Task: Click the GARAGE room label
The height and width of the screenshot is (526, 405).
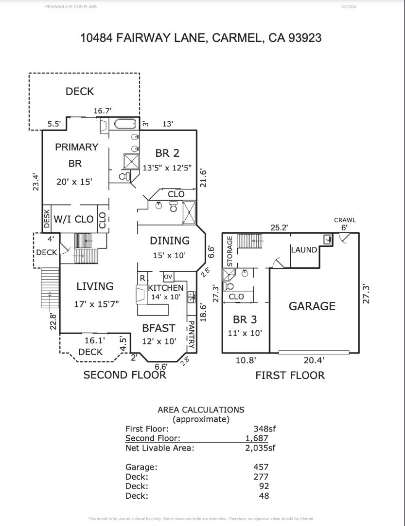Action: (x=312, y=306)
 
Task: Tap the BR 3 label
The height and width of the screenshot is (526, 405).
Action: (x=245, y=320)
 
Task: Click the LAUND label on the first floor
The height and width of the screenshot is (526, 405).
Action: (x=304, y=250)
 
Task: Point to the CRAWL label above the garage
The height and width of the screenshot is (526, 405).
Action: (x=345, y=220)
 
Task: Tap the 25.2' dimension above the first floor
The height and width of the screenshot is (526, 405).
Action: (x=280, y=227)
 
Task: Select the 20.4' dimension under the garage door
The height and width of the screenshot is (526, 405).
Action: (x=314, y=361)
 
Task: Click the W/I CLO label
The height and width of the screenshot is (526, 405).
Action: (x=73, y=220)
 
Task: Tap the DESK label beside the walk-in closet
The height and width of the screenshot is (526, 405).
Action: (x=47, y=220)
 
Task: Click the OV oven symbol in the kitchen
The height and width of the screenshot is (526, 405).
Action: (x=168, y=277)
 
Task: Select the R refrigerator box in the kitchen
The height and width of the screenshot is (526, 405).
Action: (x=142, y=278)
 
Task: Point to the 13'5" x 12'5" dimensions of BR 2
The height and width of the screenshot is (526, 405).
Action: (x=167, y=168)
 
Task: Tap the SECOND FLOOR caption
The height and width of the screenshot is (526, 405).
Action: (x=125, y=375)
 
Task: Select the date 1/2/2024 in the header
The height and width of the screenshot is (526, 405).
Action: (x=349, y=7)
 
